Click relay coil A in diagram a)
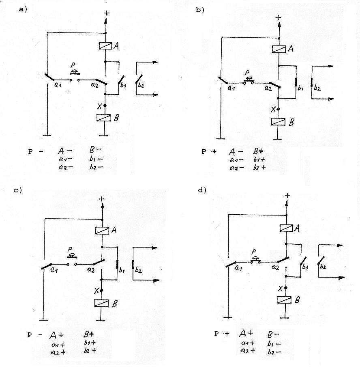(x=105, y=46)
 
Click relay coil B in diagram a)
(x=103, y=118)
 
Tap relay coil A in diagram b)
(x=279, y=49)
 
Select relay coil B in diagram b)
(x=278, y=122)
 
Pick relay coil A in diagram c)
(x=102, y=231)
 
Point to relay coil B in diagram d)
(x=284, y=300)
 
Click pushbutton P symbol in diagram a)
(x=75, y=72)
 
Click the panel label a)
(x=23, y=10)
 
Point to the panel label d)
(x=202, y=190)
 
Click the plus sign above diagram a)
(x=107, y=13)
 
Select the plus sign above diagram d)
(x=287, y=195)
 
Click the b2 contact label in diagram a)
(x=141, y=85)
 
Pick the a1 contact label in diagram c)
(x=54, y=270)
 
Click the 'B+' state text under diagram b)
(x=258, y=151)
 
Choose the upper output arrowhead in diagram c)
(x=154, y=248)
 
